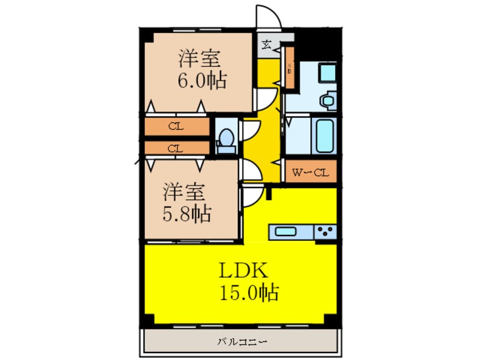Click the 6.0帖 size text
tap(201, 80)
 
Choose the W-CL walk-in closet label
tap(310, 172)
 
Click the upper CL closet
tap(176, 127)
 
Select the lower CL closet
tap(176, 148)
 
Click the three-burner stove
tap(325, 232)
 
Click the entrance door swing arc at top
tap(268, 16)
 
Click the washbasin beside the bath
tap(327, 101)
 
